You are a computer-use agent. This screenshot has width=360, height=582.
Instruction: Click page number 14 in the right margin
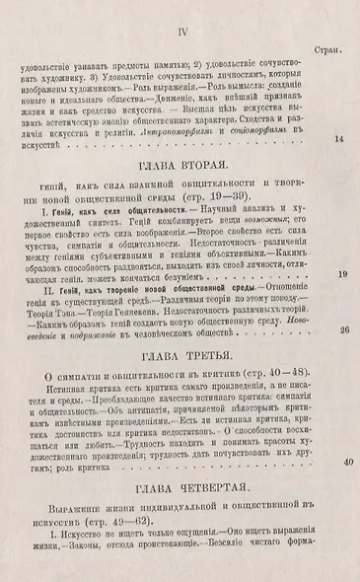click(x=339, y=140)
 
